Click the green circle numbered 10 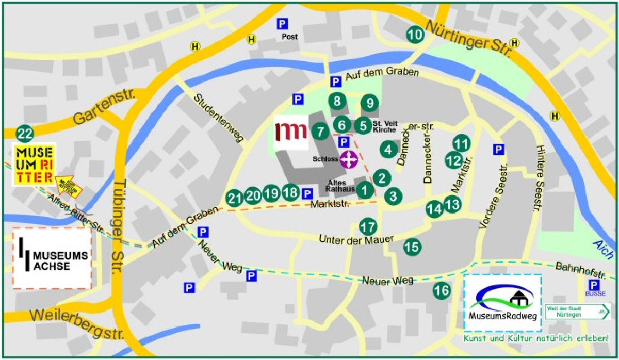(x=415, y=35)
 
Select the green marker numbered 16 (x=442, y=290)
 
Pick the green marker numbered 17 (x=368, y=227)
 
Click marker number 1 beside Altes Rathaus (x=365, y=190)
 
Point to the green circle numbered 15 (x=412, y=247)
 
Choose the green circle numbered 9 (x=369, y=103)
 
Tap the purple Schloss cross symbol (x=349, y=160)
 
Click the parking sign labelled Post (x=282, y=24)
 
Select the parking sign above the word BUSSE (x=594, y=285)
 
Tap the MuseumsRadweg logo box (x=502, y=303)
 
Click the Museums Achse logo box (x=52, y=258)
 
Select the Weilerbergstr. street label (x=78, y=321)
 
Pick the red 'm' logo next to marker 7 (x=290, y=132)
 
